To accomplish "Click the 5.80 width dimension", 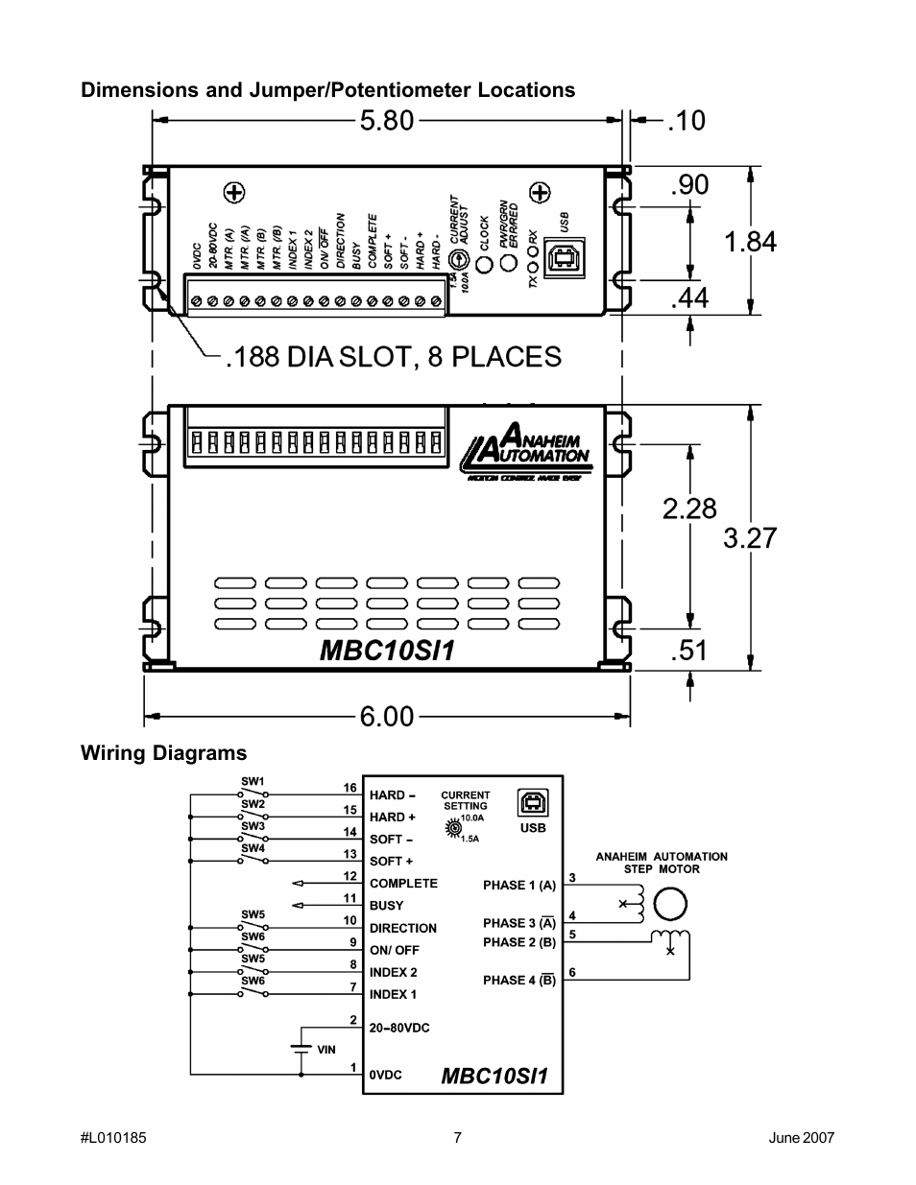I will coord(387,120).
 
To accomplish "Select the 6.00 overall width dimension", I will coord(387,716).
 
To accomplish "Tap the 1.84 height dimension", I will coord(751,242).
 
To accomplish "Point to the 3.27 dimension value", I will coord(750,537).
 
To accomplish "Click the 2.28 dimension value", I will coord(689,509).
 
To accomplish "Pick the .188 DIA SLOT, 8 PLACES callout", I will coord(393,357).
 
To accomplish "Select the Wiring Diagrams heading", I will coord(163,753).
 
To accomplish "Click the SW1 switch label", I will coord(253,782).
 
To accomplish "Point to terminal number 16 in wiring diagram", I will coord(350,788).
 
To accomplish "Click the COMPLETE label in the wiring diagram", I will coord(403,884).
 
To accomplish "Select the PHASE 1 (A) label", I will coord(518,886).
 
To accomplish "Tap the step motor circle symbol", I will coord(670,904).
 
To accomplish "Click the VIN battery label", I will coord(326,1050).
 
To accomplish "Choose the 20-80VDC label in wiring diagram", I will coord(399,1028).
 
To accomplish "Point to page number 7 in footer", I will coord(458,1138).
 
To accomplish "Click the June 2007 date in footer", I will coord(802,1138).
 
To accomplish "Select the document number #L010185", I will coord(113,1138).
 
